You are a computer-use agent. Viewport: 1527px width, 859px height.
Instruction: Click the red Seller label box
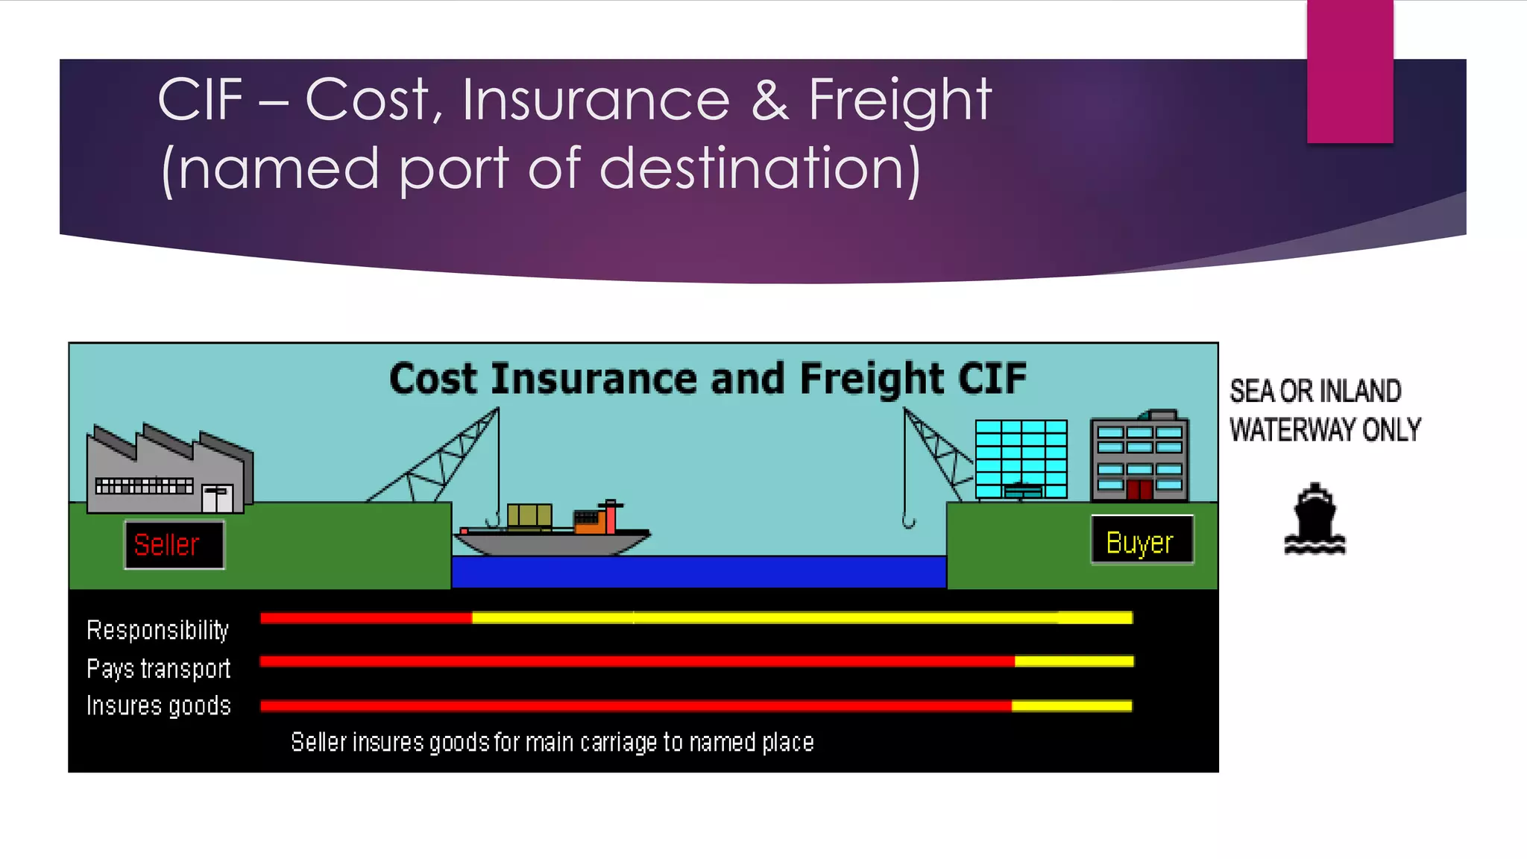coord(174,545)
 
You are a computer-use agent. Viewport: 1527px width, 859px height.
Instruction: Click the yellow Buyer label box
coord(1142,541)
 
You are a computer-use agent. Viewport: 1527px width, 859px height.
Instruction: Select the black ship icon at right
coord(1315,520)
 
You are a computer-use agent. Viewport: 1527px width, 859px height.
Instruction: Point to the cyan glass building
coord(1021,458)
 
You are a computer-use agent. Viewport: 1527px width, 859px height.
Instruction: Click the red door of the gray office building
coord(1139,490)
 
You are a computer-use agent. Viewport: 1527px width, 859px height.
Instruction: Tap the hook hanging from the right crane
coord(908,520)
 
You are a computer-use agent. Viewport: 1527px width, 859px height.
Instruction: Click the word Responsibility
coord(157,630)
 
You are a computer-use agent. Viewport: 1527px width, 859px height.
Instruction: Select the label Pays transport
coord(158,668)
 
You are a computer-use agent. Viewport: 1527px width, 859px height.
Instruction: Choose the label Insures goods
coord(158,705)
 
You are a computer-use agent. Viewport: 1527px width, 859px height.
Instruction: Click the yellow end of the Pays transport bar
coord(1074,661)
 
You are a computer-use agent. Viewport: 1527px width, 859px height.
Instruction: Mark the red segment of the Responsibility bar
coord(365,617)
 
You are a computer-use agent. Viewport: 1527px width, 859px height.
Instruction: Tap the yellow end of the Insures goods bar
coord(1071,705)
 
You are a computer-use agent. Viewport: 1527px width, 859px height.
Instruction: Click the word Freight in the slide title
coord(899,100)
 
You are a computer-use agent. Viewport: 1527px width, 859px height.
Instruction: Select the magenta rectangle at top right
coord(1350,71)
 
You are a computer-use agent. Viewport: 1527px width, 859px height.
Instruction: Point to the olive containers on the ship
coord(529,515)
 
